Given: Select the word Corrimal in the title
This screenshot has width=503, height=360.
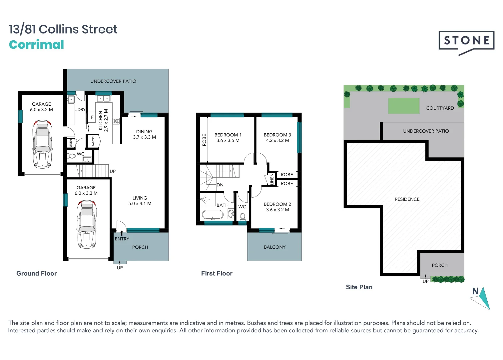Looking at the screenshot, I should click(36, 45).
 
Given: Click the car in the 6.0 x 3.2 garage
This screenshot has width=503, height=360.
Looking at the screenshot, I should click(42, 144).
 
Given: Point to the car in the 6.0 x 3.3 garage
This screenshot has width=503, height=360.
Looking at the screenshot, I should click(87, 224).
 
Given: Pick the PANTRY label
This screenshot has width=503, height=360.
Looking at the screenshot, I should click(93, 141).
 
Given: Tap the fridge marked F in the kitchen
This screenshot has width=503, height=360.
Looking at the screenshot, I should click(92, 117).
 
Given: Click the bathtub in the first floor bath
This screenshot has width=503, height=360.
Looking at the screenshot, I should click(213, 215).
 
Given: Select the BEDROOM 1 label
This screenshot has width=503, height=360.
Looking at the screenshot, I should click(228, 135).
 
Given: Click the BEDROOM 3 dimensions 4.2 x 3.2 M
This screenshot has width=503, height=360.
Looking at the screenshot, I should click(277, 141).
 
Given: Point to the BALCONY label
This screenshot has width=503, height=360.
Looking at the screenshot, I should click(274, 247).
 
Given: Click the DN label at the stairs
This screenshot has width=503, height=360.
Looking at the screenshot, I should click(220, 185).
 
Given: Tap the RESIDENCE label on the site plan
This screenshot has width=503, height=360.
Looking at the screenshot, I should click(407, 199).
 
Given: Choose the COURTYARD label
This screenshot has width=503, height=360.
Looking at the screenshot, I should click(440, 108).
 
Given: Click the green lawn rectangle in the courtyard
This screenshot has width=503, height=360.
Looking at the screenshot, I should click(403, 106).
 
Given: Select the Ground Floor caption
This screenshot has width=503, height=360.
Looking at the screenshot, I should click(37, 274).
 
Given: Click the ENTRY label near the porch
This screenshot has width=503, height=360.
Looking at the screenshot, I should click(122, 239).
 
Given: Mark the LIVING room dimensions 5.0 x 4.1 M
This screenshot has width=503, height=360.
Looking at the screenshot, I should click(140, 204).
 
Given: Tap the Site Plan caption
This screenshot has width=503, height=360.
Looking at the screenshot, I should click(359, 287).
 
